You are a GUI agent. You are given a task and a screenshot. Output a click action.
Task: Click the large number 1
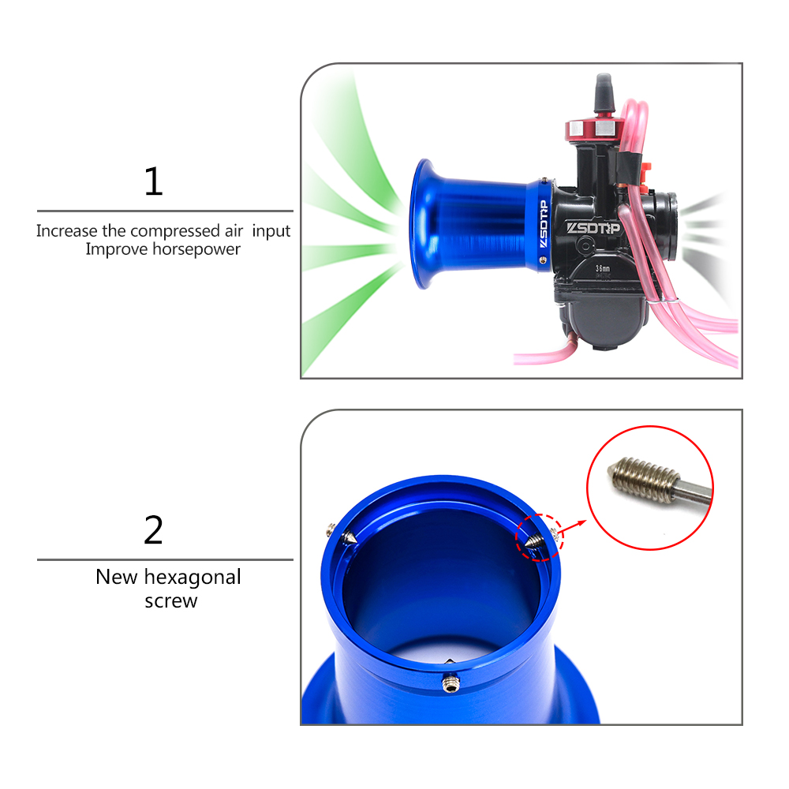[x=154, y=181]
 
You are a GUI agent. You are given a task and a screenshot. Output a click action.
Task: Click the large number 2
[x=154, y=530]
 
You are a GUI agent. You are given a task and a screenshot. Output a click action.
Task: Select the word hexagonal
[x=193, y=578]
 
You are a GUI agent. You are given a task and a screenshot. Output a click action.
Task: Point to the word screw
[x=171, y=601]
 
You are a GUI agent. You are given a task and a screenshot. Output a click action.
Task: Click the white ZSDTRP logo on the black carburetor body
[x=594, y=228]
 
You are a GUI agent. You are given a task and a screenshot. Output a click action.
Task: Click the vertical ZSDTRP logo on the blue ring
[x=544, y=224]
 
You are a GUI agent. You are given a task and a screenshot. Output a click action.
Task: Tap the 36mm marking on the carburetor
[x=603, y=269]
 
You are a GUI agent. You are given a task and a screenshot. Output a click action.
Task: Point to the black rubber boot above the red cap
[x=604, y=94]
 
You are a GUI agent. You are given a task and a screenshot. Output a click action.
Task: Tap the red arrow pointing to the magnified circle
[x=572, y=527]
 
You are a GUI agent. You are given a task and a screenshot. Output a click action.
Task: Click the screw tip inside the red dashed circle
[x=533, y=542]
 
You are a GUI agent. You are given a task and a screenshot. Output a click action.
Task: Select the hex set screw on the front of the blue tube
[x=451, y=683]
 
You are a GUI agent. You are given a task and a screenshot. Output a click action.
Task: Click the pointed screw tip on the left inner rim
[x=350, y=537]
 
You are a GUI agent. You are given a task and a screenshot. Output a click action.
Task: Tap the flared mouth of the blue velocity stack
[x=424, y=224]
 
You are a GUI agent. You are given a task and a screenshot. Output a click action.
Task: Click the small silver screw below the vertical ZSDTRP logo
[x=543, y=260]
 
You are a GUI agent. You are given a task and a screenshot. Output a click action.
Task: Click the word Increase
[x=67, y=231]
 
